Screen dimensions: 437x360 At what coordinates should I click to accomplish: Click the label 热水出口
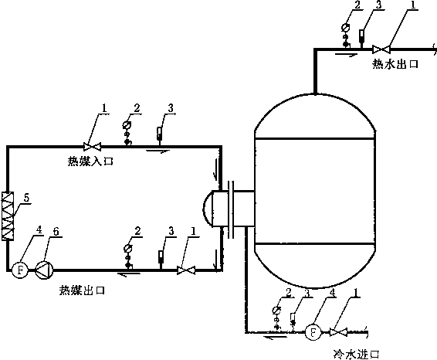[395, 64]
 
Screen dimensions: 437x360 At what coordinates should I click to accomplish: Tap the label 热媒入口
[90, 161]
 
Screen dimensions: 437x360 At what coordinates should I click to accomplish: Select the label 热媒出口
[82, 290]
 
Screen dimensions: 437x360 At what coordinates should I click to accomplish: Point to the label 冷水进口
[357, 355]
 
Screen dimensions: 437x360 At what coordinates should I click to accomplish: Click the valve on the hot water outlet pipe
[381, 49]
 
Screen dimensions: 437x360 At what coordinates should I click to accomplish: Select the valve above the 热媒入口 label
[92, 146]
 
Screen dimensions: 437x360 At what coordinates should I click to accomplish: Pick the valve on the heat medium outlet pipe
[186, 270]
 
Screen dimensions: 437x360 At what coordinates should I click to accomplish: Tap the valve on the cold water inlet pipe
[338, 332]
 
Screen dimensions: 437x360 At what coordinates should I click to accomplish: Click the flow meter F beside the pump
[20, 270]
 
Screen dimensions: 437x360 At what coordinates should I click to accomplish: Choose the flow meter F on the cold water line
[313, 332]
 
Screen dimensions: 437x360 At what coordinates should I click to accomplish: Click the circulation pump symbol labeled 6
[44, 270]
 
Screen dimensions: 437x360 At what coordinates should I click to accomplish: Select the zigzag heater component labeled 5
[8, 216]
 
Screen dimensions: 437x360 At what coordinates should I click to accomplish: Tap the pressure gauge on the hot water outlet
[346, 35]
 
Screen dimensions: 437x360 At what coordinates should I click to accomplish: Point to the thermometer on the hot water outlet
[361, 39]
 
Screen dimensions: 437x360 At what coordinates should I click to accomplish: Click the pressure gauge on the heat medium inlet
[127, 133]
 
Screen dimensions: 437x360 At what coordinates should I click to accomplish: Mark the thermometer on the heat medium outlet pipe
[161, 260]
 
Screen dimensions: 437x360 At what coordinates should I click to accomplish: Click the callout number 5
[26, 198]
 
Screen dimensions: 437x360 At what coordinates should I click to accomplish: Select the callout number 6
[56, 231]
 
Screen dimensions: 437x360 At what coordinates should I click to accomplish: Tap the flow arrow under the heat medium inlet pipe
[158, 151]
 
